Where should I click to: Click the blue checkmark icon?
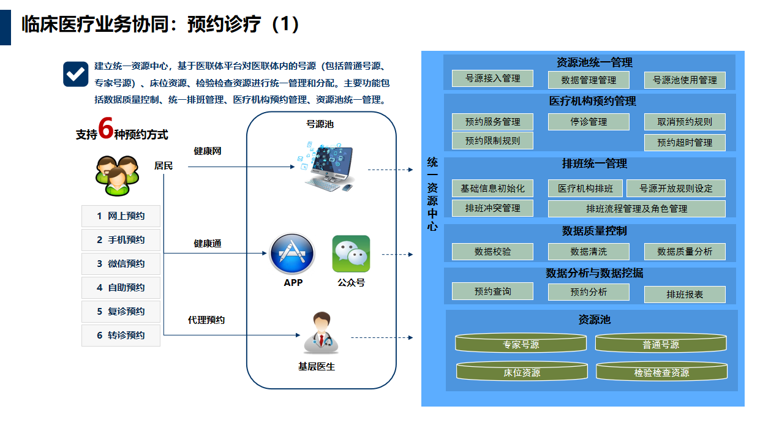tap(76, 74)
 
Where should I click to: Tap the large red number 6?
tap(105, 130)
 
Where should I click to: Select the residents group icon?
tap(117, 175)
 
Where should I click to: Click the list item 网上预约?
tap(121, 216)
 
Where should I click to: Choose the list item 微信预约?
tap(121, 264)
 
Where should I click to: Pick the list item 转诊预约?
tap(121, 336)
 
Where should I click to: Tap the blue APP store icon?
tap(292, 254)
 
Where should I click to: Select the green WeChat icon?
tap(351, 254)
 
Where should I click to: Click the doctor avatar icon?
tap(321, 333)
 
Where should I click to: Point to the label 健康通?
tap(208, 244)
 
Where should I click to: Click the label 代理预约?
tap(206, 320)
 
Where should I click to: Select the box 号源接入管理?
tap(492, 78)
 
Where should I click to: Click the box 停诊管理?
tap(588, 122)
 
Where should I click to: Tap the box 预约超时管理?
tap(684, 143)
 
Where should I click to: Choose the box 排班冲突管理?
tap(492, 208)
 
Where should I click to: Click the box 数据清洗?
tap(588, 252)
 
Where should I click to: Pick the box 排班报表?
tap(684, 295)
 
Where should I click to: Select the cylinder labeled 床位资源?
tap(522, 372)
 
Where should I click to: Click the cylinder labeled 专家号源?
tap(521, 344)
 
